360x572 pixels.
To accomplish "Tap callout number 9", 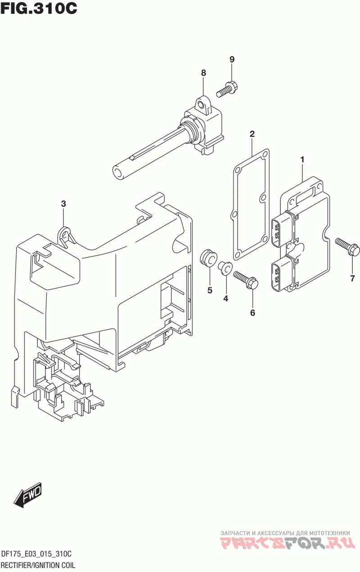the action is (232, 59).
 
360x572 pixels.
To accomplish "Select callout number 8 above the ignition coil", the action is (203, 73).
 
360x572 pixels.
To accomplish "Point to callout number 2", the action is (252, 134).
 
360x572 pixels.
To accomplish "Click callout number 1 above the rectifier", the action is (302, 160).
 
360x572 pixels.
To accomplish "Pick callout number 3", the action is (63, 204).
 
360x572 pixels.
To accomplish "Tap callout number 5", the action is (210, 290).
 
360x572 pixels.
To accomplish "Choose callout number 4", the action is (225, 298).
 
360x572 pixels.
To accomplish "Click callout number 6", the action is (252, 313).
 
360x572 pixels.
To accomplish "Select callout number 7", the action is (353, 278).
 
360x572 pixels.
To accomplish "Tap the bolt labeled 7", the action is (347, 246).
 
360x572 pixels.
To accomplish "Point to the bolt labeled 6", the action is (246, 280).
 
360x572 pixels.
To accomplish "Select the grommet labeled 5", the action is (208, 259).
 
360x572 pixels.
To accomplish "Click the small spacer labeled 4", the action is (225, 268).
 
